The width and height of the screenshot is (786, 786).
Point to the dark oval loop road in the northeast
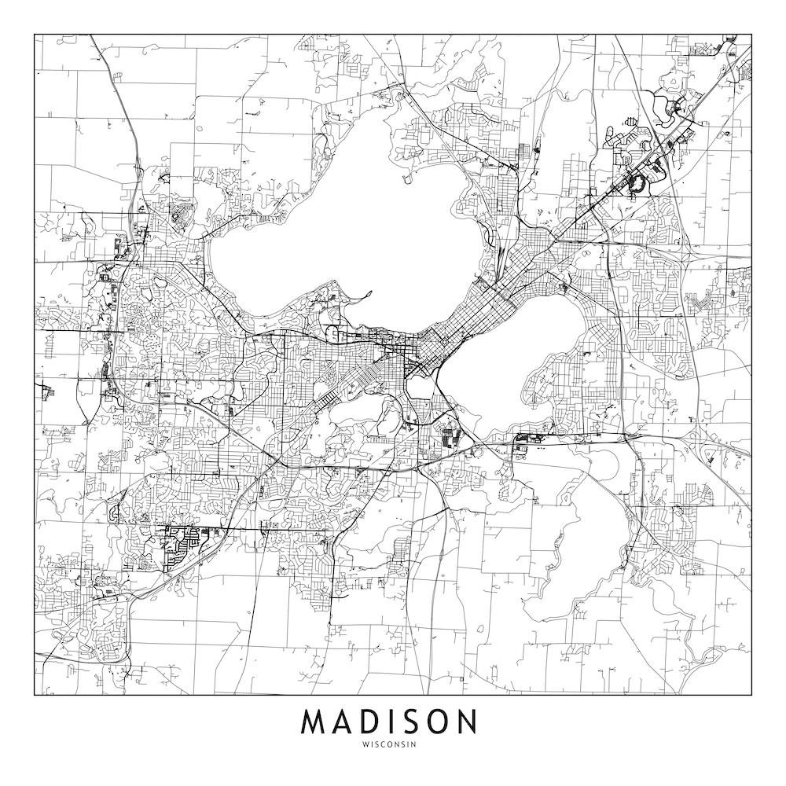pyautogui.click(x=637, y=183)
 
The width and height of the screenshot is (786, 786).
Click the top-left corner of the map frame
pyautogui.click(x=35, y=35)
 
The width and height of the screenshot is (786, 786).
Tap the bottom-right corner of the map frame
pyautogui.click(x=751, y=696)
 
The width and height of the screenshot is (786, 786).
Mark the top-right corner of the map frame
pyautogui.click(x=751, y=35)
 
